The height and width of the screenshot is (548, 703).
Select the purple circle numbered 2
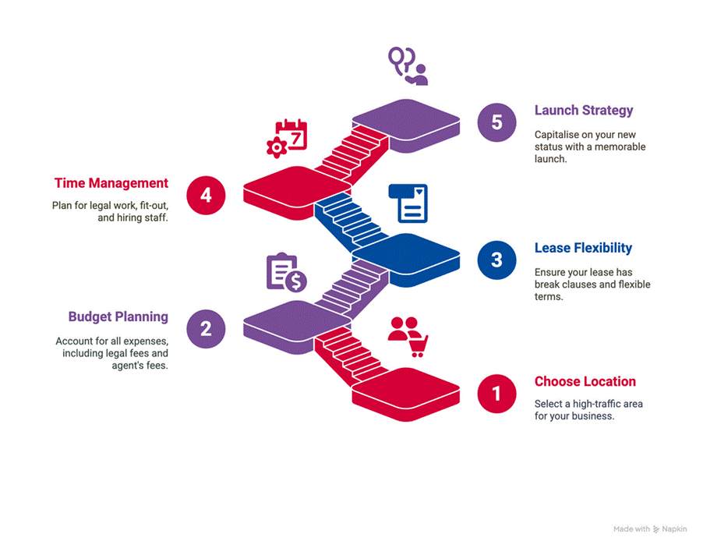[x=206, y=328]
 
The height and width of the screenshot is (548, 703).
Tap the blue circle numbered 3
[x=497, y=260]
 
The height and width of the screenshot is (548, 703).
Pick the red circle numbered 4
[x=206, y=195]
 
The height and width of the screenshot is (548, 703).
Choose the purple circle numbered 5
[x=497, y=122]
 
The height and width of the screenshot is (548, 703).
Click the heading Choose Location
[x=585, y=381]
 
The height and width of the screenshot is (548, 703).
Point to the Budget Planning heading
[x=118, y=316]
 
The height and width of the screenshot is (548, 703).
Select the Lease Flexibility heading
[x=583, y=248]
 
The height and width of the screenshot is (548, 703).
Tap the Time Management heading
[x=111, y=183]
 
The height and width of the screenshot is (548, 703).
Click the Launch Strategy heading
[x=583, y=110]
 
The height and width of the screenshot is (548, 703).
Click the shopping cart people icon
[x=408, y=336]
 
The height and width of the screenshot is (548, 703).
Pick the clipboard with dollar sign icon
[x=286, y=272]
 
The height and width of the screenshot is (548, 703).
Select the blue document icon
[x=408, y=203]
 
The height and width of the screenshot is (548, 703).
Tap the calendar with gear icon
[x=287, y=139]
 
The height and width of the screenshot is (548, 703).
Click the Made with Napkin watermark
[x=649, y=529]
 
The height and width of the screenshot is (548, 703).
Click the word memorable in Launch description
[x=617, y=147]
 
